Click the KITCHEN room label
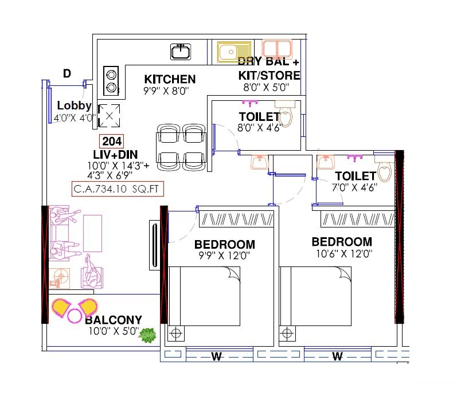coord(170,79)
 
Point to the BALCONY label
coord(114,320)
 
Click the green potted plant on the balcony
coord(149,336)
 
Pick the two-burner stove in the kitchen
coord(111,81)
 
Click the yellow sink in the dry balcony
coord(234,51)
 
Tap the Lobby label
coord(75,105)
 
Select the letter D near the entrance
coord(67,73)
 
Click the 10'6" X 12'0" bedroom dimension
coord(343,253)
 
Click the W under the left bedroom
coord(216,357)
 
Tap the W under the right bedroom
coord(337,357)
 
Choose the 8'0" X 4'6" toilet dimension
coord(260,128)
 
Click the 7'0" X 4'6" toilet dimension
coord(355,187)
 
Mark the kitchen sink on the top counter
coord(181,52)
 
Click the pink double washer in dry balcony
coord(278,48)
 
